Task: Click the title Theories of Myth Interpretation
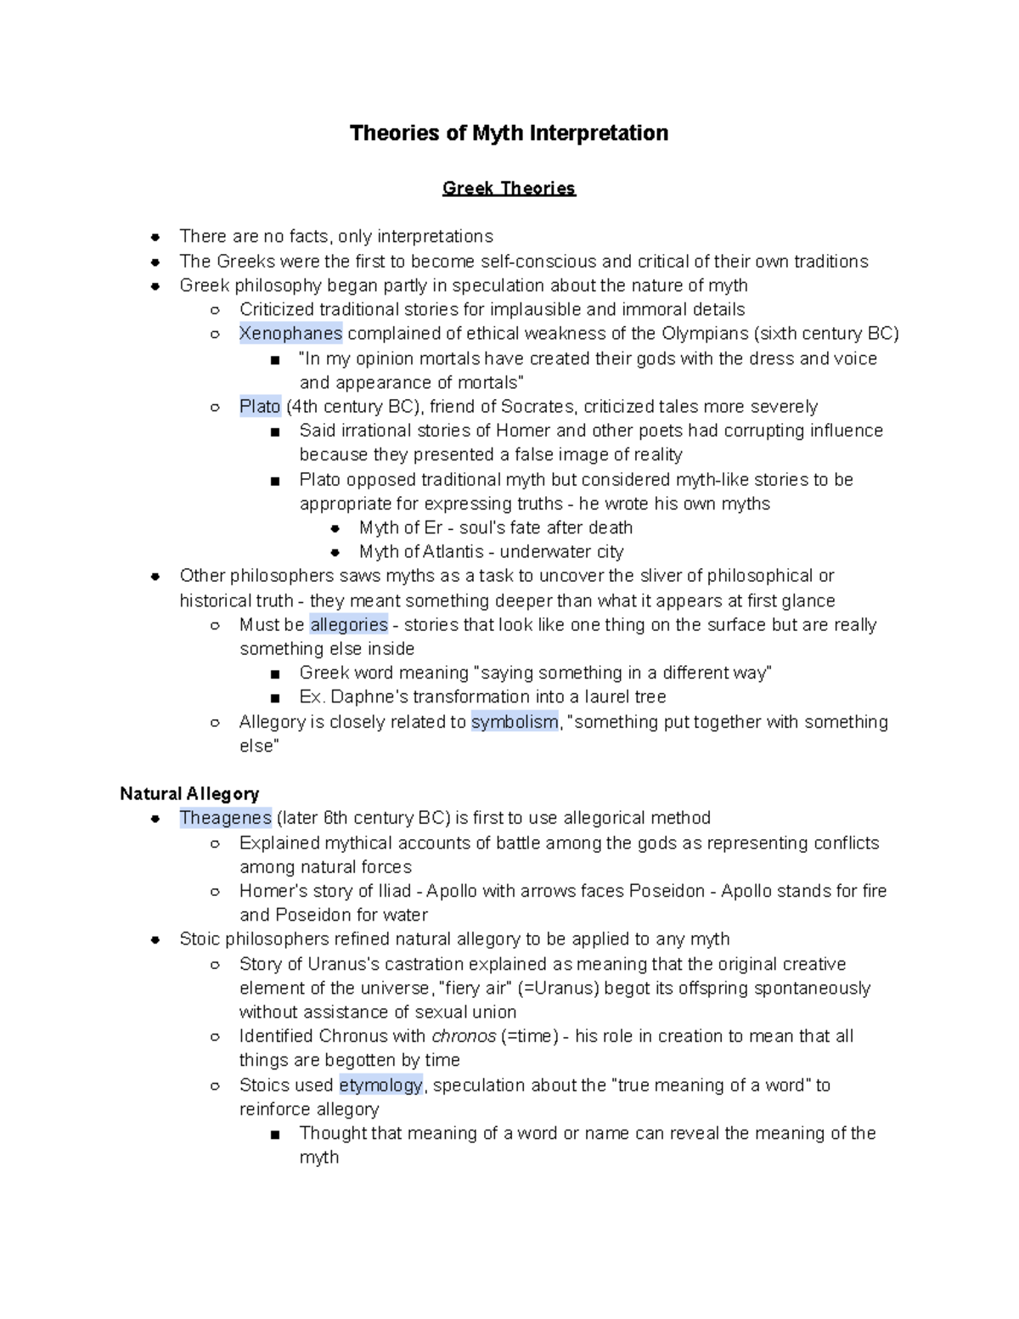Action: coord(509,133)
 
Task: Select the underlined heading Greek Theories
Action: coord(509,189)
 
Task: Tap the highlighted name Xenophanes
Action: coord(290,334)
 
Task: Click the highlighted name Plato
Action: coord(260,407)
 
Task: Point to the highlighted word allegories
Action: coord(348,625)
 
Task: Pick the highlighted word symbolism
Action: coord(515,722)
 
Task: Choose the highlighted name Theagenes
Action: coord(225,818)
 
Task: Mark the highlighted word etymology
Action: coord(380,1085)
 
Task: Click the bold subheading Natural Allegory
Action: coord(189,794)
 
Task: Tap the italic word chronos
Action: coord(464,1036)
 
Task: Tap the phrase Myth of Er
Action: coord(401,527)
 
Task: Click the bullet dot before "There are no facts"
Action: coord(155,237)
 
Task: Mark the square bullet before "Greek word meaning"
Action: coord(274,674)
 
